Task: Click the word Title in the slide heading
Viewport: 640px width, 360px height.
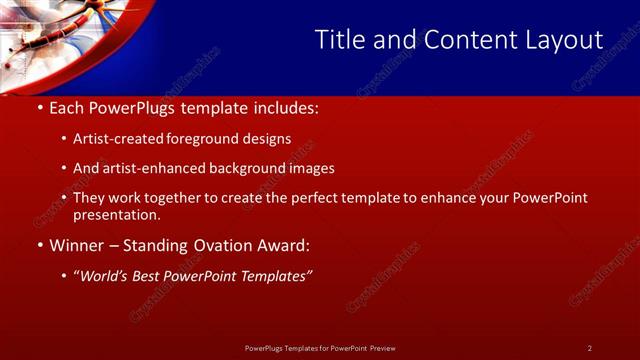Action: (x=338, y=40)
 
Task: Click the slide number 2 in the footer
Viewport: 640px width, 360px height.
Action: (x=590, y=348)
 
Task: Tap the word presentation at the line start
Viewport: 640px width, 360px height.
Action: (x=116, y=214)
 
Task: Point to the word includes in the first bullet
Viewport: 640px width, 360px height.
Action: (x=285, y=105)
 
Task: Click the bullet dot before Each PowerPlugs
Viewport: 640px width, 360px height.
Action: (x=39, y=105)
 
